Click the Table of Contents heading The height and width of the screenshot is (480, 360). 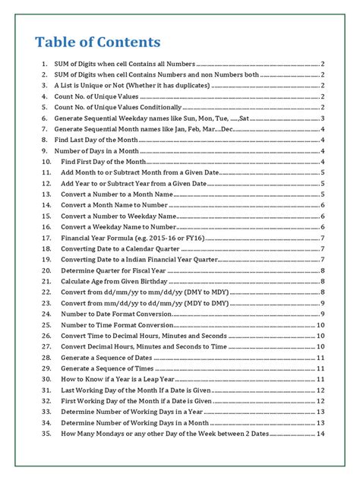point(98,42)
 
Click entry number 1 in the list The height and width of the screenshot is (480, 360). point(45,65)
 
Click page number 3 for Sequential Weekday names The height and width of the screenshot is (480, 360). point(323,118)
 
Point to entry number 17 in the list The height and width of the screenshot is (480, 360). point(46,238)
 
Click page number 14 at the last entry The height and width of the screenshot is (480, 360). point(321,433)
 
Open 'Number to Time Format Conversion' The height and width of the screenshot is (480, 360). point(118,324)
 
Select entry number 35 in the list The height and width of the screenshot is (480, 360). point(46,433)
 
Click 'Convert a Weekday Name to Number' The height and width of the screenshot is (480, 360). point(118,227)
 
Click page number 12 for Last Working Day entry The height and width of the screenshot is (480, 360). point(321,390)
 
